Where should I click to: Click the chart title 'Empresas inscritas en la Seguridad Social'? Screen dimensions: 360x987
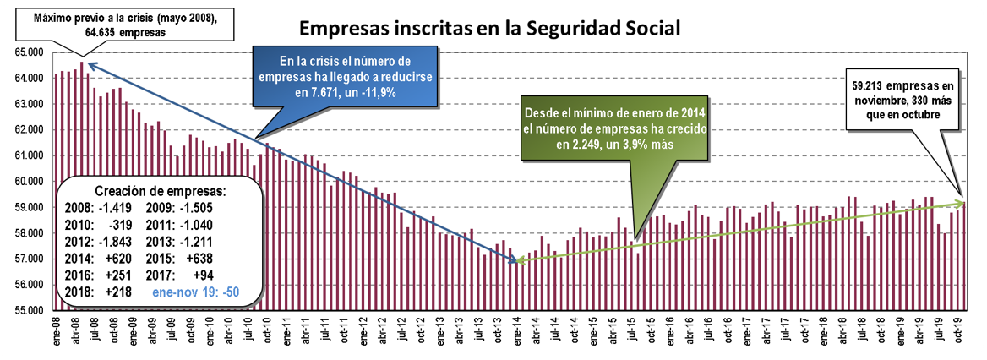(x=490, y=28)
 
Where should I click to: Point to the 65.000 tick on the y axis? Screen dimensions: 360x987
(x=31, y=52)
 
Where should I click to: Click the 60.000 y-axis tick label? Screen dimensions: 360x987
(x=31, y=182)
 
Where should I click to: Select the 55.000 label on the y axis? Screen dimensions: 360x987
(x=31, y=310)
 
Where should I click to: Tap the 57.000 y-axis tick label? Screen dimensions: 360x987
(x=31, y=259)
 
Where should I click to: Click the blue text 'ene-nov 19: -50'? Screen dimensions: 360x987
(x=197, y=290)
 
